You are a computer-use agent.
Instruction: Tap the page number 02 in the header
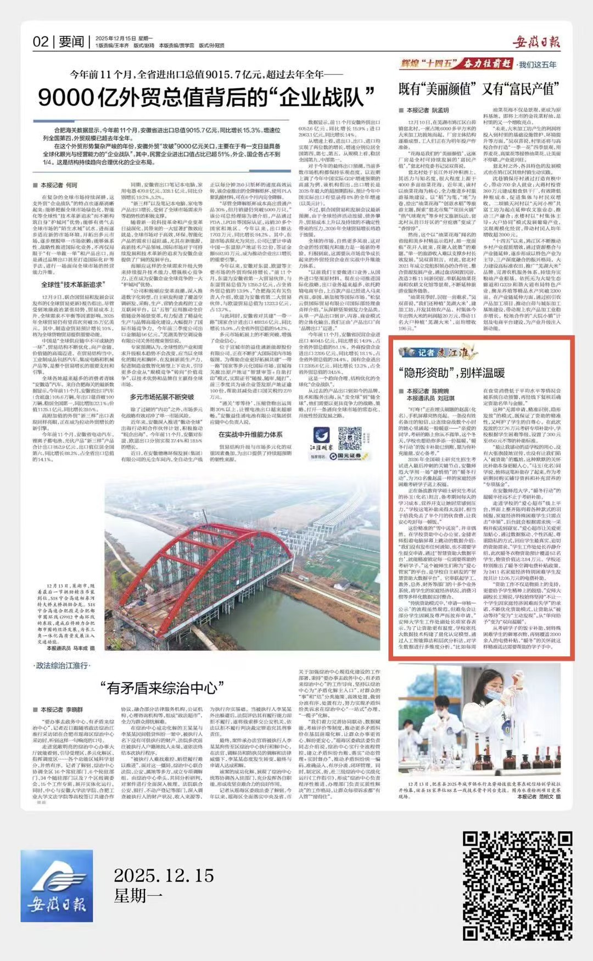(x=41, y=42)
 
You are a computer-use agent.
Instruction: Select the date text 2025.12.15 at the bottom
(x=164, y=874)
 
